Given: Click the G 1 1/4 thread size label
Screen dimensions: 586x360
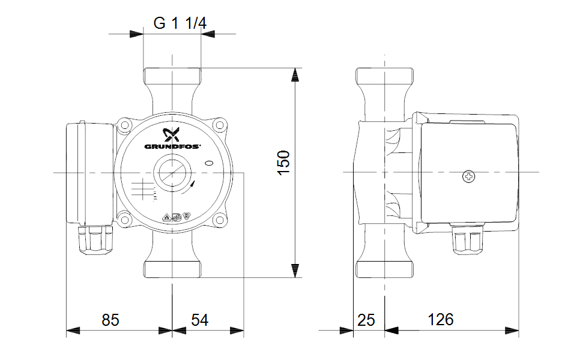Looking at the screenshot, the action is point(180,23).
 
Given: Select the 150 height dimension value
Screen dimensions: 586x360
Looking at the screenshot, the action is point(284,163).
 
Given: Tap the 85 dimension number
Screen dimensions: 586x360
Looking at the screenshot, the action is point(110,320).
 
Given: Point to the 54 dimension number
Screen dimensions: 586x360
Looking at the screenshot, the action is point(199,320).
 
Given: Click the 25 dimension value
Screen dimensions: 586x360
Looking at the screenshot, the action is point(366,320).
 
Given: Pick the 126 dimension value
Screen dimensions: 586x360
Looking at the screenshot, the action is point(441,320).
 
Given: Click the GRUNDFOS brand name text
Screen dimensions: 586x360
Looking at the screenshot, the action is point(172,147).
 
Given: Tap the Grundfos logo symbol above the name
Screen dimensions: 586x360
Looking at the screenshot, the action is point(171,134).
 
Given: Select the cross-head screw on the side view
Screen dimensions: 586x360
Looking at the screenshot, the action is point(469,176).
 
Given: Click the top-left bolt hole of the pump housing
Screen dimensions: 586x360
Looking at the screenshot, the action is point(124,125).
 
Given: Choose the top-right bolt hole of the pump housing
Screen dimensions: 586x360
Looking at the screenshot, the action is point(220,125).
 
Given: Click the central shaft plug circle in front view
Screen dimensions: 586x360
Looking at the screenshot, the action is point(172,173).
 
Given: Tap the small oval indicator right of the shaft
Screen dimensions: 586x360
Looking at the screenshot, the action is point(210,163).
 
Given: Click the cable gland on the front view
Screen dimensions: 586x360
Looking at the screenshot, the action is point(97,239).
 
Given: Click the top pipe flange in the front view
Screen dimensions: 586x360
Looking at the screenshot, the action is point(172,76).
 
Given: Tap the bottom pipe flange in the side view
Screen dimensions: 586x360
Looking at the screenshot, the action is point(384,269).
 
